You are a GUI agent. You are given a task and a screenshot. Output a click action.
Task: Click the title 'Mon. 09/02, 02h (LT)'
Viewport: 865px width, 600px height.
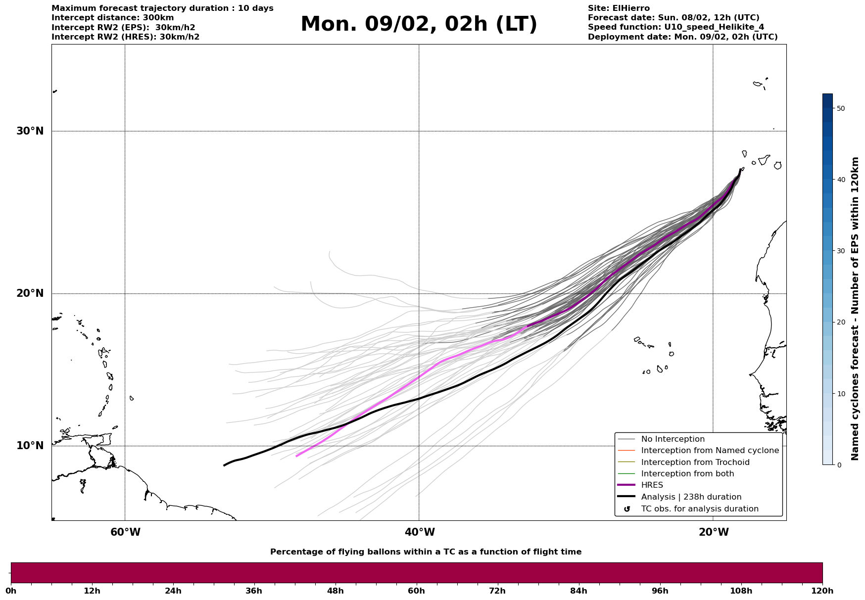pos(419,24)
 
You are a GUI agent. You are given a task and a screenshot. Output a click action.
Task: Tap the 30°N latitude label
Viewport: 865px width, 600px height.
pos(30,131)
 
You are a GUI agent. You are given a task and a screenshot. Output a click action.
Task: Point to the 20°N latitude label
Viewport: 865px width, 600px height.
pos(30,293)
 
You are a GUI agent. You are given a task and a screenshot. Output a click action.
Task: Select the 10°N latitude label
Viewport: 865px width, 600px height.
pos(30,446)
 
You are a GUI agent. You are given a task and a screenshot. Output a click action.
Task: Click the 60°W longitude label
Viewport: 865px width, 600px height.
pos(125,532)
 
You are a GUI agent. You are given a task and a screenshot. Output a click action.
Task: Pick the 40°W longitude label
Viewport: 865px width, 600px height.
pos(420,532)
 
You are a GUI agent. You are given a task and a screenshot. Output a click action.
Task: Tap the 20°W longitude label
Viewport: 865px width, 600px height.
pos(714,532)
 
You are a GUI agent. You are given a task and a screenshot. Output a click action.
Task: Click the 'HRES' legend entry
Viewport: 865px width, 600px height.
pos(652,485)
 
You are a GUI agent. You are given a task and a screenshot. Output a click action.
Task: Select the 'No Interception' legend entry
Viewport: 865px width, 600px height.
pos(673,439)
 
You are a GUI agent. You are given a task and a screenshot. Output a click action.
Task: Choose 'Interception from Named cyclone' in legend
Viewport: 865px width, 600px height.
pos(710,451)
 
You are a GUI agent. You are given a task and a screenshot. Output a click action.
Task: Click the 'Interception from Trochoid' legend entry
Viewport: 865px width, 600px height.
pos(695,462)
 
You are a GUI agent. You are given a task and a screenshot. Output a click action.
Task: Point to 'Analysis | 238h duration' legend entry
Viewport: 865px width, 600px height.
pos(691,497)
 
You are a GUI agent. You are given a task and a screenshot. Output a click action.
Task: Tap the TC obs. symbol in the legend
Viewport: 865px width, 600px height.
pos(627,509)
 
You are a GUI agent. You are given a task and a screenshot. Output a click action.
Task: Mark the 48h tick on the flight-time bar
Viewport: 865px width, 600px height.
pos(335,591)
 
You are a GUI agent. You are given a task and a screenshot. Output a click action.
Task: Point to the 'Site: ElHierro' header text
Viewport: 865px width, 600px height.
pos(619,8)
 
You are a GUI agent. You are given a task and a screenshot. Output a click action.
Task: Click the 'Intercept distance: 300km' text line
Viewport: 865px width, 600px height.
pos(113,18)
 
